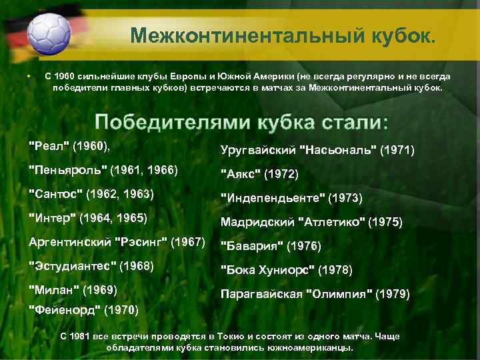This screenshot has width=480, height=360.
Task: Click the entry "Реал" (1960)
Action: point(70,145)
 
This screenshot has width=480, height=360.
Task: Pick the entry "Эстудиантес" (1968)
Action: point(92,266)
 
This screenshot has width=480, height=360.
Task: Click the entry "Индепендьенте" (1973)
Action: point(291,199)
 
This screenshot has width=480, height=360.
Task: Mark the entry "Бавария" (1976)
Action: point(271,247)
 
